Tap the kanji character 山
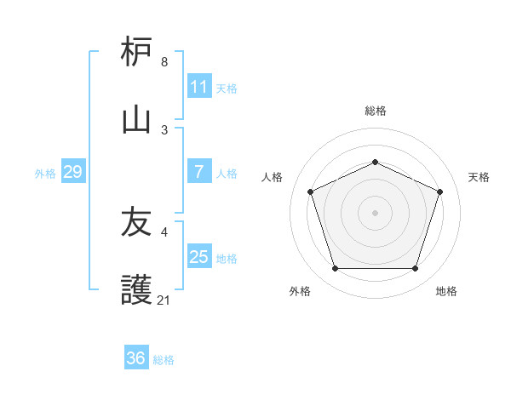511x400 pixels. (137, 120)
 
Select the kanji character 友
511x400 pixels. (137, 223)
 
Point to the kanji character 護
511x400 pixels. (137, 290)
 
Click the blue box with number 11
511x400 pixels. (199, 87)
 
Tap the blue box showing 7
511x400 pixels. (199, 172)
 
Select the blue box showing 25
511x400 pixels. (199, 257)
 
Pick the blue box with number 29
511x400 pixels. (72, 172)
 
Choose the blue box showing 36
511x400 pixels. (136, 358)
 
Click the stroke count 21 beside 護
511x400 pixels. (164, 300)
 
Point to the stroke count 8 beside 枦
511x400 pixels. (164, 62)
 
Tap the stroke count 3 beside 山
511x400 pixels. (164, 129)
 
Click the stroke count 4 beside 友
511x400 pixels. (164, 231)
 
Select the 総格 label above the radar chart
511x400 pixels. (375, 111)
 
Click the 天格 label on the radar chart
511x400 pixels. (479, 177)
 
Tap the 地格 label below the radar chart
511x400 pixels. (446, 291)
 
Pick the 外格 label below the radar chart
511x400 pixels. (299, 291)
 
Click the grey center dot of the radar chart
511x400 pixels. (375, 212)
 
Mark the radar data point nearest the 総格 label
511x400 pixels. (375, 162)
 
